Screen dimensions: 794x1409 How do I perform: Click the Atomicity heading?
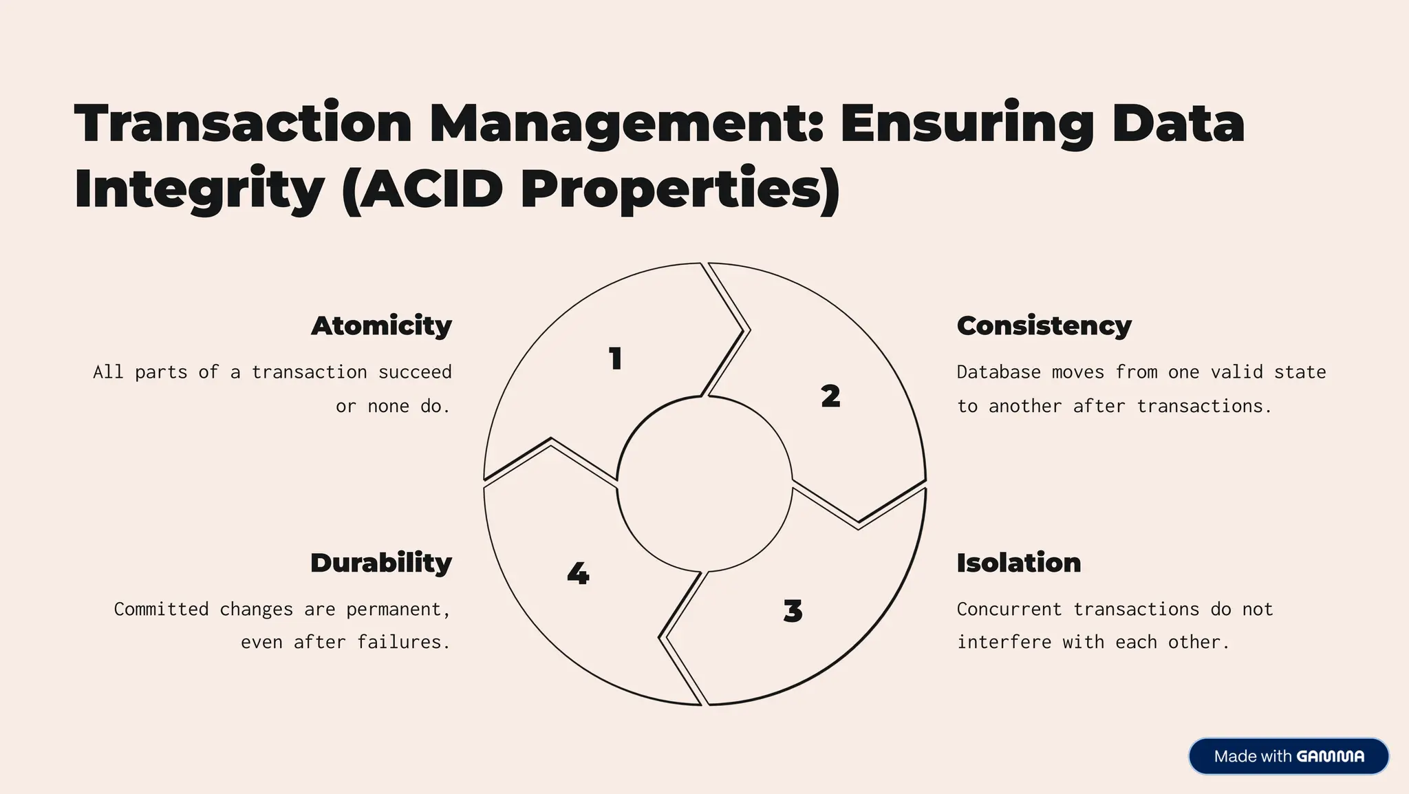click(x=381, y=326)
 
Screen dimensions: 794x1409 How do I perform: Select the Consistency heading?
click(x=1044, y=326)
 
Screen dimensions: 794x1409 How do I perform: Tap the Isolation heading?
click(x=1018, y=563)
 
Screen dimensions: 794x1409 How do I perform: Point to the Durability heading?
click(x=381, y=563)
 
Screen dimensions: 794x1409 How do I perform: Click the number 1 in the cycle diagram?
click(x=616, y=359)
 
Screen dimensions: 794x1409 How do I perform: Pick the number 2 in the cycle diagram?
click(x=830, y=396)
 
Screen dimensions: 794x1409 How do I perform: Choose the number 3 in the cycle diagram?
click(x=793, y=611)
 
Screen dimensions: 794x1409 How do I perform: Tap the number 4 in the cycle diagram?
click(x=578, y=574)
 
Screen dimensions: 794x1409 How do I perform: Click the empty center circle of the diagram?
click(x=704, y=484)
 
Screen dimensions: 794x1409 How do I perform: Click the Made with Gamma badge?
click(x=1288, y=756)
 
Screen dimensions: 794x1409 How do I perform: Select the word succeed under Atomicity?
click(x=415, y=372)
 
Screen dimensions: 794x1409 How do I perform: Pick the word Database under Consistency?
click(x=998, y=372)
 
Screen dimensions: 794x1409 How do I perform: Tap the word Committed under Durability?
click(x=161, y=609)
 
